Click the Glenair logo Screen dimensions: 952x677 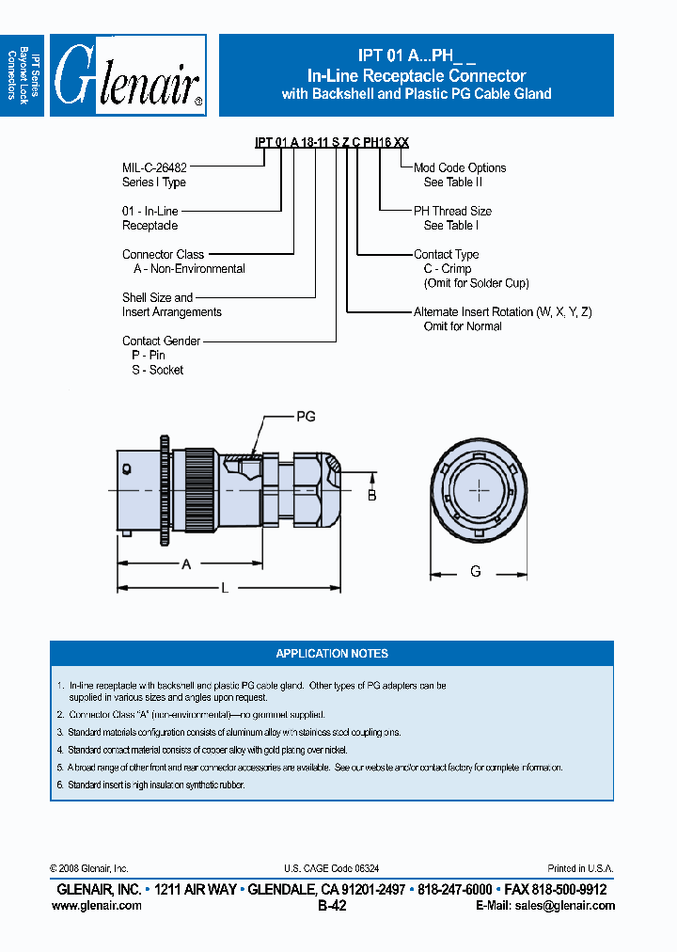(x=128, y=75)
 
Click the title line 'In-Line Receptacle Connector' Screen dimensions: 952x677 (x=416, y=75)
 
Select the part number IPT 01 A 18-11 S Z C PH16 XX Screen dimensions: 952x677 (x=332, y=142)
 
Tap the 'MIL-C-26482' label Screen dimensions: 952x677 (x=154, y=167)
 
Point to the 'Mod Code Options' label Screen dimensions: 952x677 (x=460, y=167)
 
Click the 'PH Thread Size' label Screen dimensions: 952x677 (x=452, y=211)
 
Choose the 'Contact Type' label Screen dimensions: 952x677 (x=446, y=254)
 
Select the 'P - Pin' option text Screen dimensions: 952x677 (x=149, y=356)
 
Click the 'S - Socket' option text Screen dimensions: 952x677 (x=157, y=370)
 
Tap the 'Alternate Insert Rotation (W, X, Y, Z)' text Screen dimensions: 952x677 (x=502, y=311)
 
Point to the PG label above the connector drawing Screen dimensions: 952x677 (x=306, y=415)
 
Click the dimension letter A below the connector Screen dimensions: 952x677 (x=186, y=564)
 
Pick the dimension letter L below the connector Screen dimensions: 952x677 (x=224, y=589)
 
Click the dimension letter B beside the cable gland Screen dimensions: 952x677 (x=371, y=495)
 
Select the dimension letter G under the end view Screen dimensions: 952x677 (x=476, y=572)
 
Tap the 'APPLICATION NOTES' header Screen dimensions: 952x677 (x=332, y=654)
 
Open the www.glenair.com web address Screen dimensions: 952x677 (x=97, y=906)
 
